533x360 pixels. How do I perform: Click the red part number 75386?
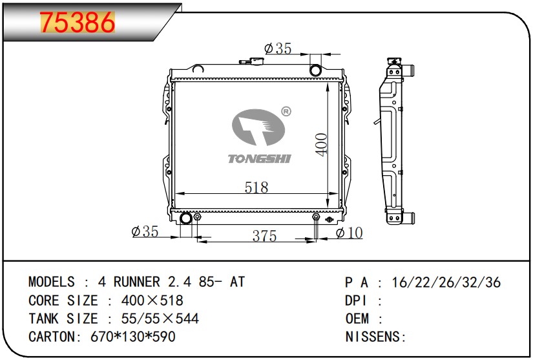(x=78, y=23)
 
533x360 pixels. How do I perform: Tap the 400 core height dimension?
(x=322, y=145)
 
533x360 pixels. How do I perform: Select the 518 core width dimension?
(x=256, y=187)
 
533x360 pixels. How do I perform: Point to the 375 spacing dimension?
(x=264, y=235)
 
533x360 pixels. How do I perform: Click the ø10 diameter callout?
(x=349, y=233)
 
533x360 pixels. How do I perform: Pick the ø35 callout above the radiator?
(x=278, y=48)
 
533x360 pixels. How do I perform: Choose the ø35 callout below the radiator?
(x=145, y=231)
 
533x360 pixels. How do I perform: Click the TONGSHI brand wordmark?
(x=259, y=159)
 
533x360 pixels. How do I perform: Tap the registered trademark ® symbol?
(x=286, y=112)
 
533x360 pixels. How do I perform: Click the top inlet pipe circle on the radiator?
(x=315, y=70)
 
